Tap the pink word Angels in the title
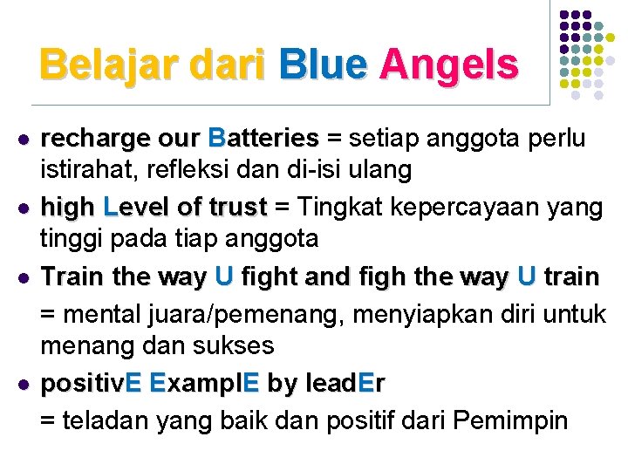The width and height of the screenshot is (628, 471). pyautogui.click(x=448, y=64)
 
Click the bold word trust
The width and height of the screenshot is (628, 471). pyautogui.click(x=238, y=208)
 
